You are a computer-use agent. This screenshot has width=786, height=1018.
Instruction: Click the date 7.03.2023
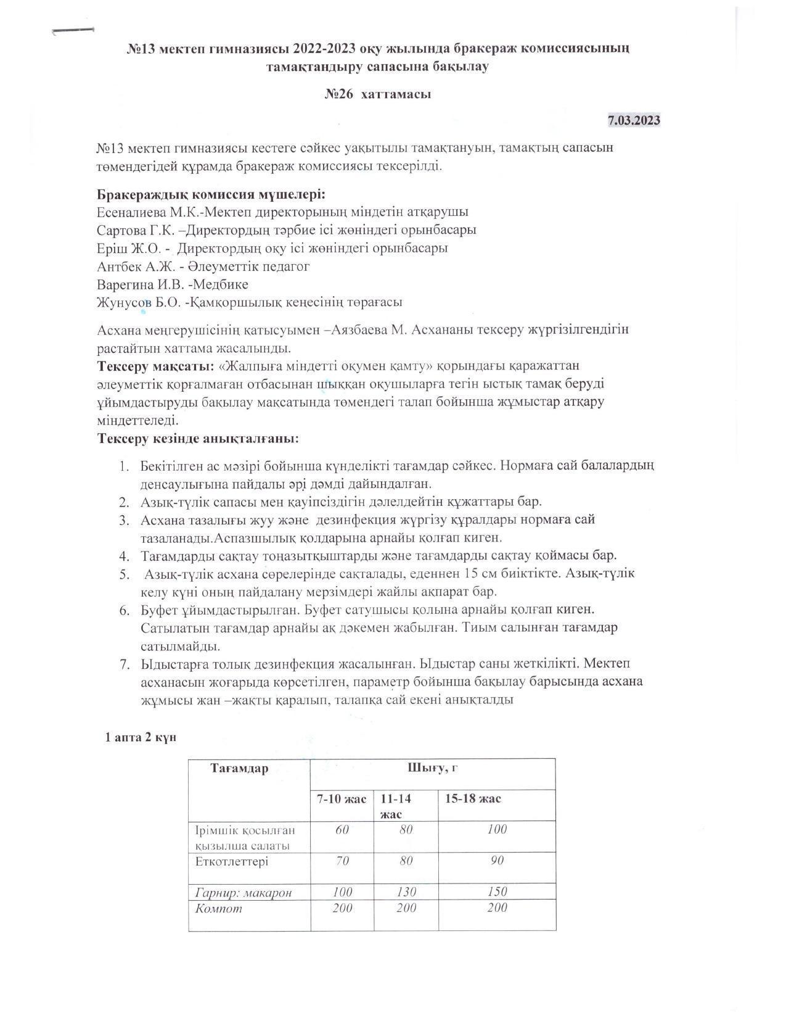(634, 120)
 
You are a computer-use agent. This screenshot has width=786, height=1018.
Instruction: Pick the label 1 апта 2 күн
(141, 738)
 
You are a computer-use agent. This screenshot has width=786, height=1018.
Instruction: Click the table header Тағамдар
(239, 769)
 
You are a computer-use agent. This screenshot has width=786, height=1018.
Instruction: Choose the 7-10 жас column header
(342, 799)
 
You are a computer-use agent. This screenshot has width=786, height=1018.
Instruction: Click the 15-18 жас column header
(473, 799)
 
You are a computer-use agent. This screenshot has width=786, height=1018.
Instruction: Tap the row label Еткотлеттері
(231, 861)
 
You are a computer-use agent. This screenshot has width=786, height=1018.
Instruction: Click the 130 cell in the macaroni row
(406, 892)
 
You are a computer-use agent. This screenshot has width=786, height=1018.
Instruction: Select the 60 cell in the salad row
(342, 830)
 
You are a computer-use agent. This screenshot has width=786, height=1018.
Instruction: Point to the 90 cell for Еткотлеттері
(497, 861)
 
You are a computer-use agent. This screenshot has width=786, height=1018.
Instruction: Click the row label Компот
(219, 909)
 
